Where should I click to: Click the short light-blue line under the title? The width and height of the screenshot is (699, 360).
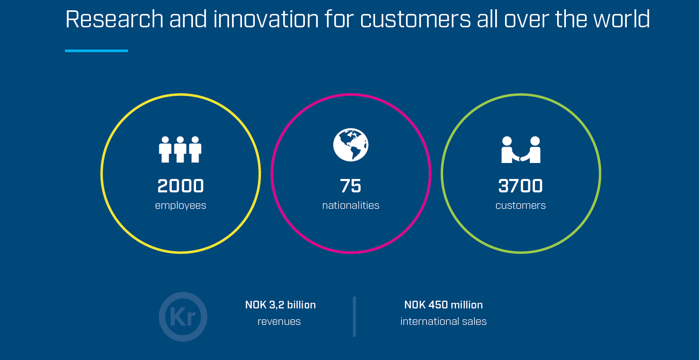click(96, 51)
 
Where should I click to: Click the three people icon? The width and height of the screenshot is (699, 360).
click(180, 150)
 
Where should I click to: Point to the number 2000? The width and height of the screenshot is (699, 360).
click(181, 186)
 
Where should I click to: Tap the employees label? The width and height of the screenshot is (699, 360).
click(181, 205)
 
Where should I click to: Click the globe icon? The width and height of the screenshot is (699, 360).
click(351, 145)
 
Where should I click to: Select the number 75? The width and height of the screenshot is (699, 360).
click(351, 186)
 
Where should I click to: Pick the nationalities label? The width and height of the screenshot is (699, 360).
click(351, 205)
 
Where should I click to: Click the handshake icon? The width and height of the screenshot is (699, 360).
click(521, 150)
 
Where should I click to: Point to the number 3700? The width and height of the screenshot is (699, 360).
click(521, 186)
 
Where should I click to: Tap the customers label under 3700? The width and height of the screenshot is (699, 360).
click(521, 205)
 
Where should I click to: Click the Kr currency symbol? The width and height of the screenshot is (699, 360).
click(183, 317)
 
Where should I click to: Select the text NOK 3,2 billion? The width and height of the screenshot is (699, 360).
click(280, 305)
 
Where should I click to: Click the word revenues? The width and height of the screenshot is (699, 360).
click(279, 322)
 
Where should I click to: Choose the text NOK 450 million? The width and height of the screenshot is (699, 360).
click(444, 305)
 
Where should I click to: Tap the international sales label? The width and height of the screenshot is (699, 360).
click(444, 322)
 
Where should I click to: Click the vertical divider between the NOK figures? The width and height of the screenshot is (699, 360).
click(354, 316)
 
